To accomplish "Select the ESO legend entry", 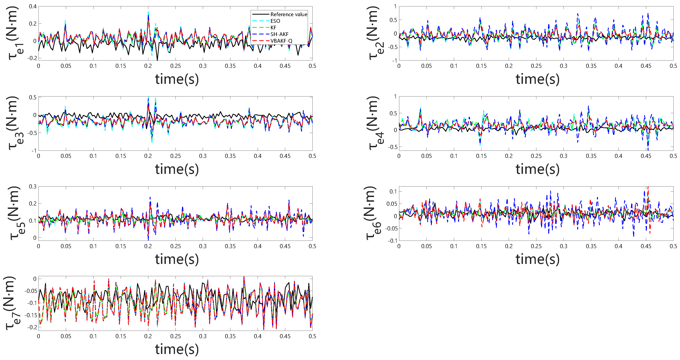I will pos(275,21).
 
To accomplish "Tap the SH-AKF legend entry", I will pos(279,34).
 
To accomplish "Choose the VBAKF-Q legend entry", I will pos(281,41).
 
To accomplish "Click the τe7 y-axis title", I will pos(12,303).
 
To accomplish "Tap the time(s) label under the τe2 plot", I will pos(538,79).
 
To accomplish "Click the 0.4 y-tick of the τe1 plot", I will pos(33,6).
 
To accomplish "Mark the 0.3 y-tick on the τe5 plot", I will pos(33,187).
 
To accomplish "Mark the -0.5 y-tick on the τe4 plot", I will pos(392,147).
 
